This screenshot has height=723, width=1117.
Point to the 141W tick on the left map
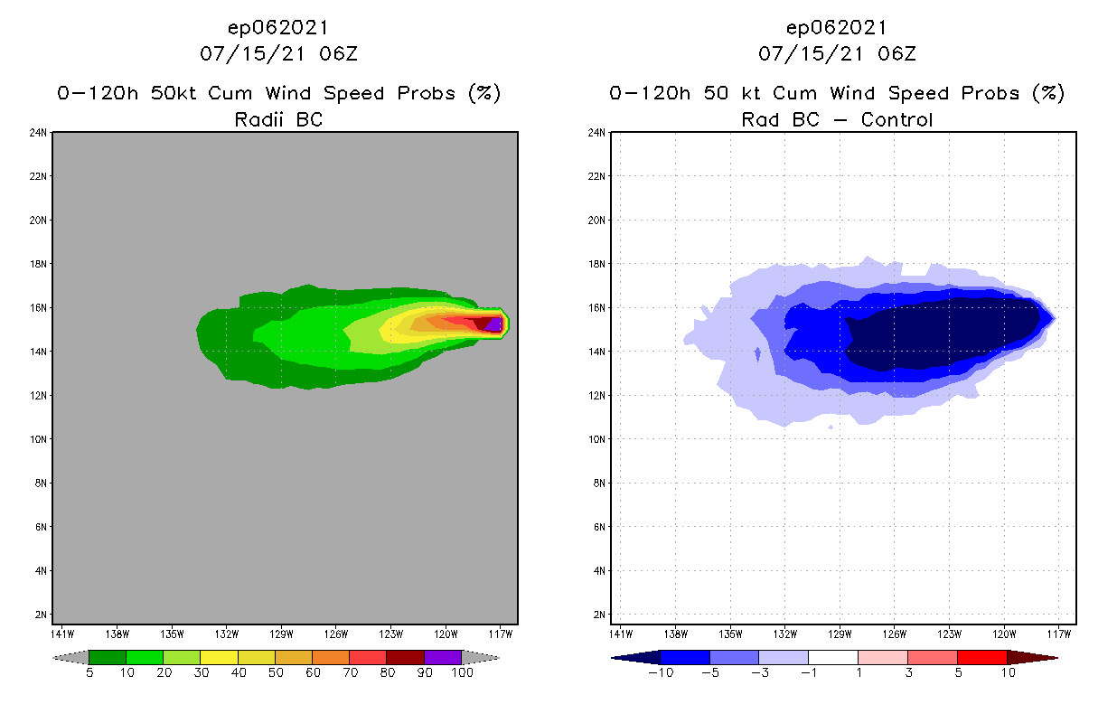63,634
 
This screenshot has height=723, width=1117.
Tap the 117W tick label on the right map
1059,634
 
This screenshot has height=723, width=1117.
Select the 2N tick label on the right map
598,615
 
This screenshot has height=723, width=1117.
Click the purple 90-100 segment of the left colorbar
443,657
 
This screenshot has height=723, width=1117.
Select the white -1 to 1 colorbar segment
832,657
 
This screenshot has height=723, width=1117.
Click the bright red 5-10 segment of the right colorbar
981,657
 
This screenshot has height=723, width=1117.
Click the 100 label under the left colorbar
462,673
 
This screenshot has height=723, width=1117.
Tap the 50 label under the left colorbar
275,673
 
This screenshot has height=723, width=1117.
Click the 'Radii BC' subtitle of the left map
278,119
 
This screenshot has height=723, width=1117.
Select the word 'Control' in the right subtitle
896,119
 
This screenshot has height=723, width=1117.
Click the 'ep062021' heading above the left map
278,28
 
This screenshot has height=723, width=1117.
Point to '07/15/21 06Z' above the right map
837,53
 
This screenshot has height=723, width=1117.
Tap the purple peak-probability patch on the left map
494,324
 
